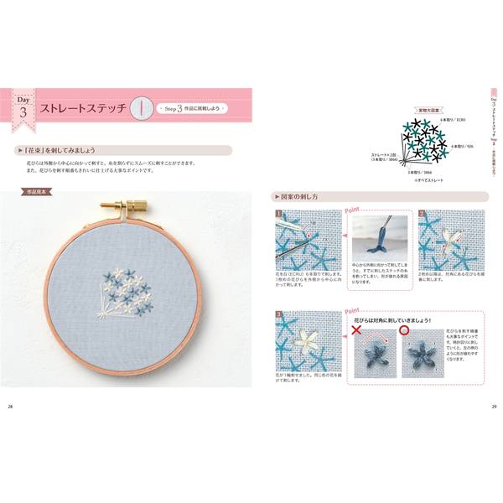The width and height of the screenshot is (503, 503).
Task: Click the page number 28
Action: point(10,407)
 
